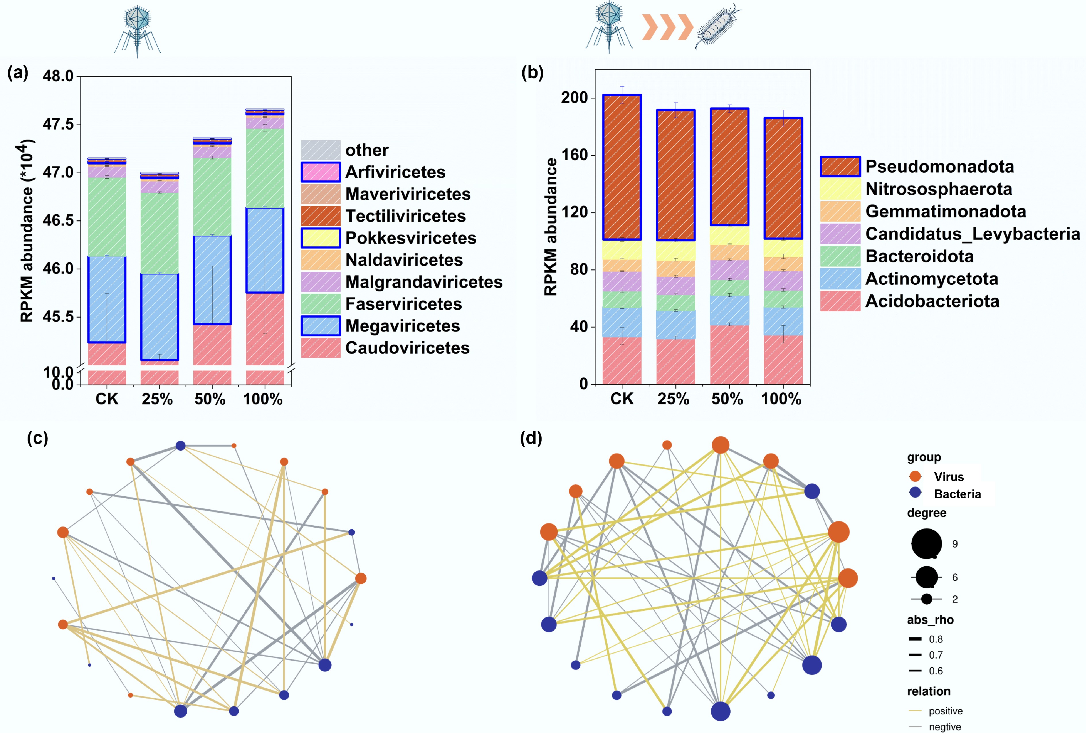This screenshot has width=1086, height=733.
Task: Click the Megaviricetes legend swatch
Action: (x=321, y=326)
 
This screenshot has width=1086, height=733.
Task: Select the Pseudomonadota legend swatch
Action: (x=840, y=166)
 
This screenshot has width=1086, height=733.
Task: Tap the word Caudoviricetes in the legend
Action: (x=407, y=348)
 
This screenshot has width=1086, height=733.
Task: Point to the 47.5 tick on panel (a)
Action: (x=58, y=124)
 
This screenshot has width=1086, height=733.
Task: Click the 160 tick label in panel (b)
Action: (x=574, y=155)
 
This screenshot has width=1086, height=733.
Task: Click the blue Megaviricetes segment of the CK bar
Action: (x=107, y=299)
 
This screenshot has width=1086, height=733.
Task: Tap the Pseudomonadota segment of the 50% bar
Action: (x=729, y=167)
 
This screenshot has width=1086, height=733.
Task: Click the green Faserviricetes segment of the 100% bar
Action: (x=265, y=168)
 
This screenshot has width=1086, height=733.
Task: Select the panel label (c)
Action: (x=37, y=438)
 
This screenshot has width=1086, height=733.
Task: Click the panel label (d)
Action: (x=531, y=438)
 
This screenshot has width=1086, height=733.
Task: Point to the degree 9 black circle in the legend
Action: (x=926, y=544)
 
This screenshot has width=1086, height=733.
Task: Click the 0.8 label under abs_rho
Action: (x=935, y=639)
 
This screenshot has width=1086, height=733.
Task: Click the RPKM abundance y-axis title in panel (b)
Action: (x=551, y=227)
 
